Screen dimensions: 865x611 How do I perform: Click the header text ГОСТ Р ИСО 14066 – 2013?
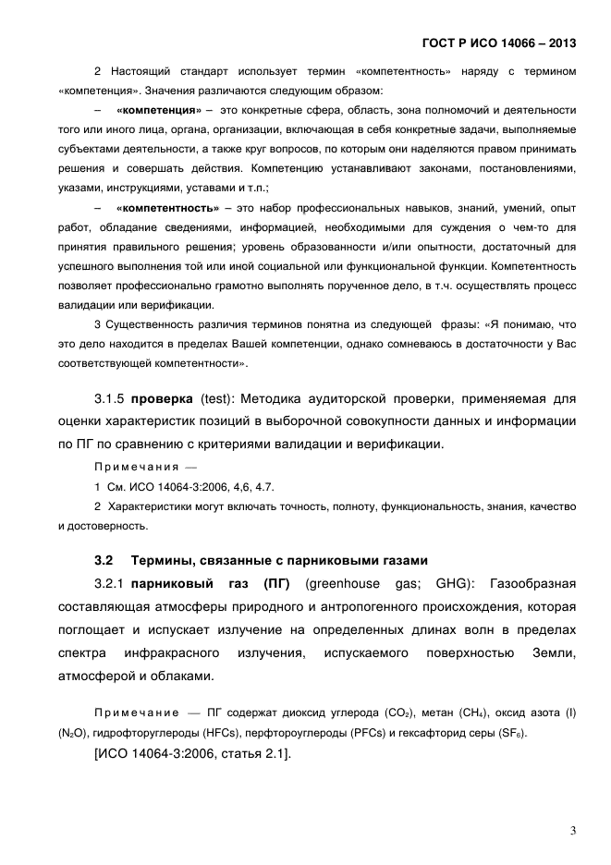click(499, 43)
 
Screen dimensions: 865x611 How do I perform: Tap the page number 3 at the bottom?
click(573, 831)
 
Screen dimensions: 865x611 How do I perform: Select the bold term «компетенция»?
click(159, 110)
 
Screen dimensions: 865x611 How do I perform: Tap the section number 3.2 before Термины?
click(104, 561)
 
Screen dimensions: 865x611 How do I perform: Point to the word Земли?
click(553, 654)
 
